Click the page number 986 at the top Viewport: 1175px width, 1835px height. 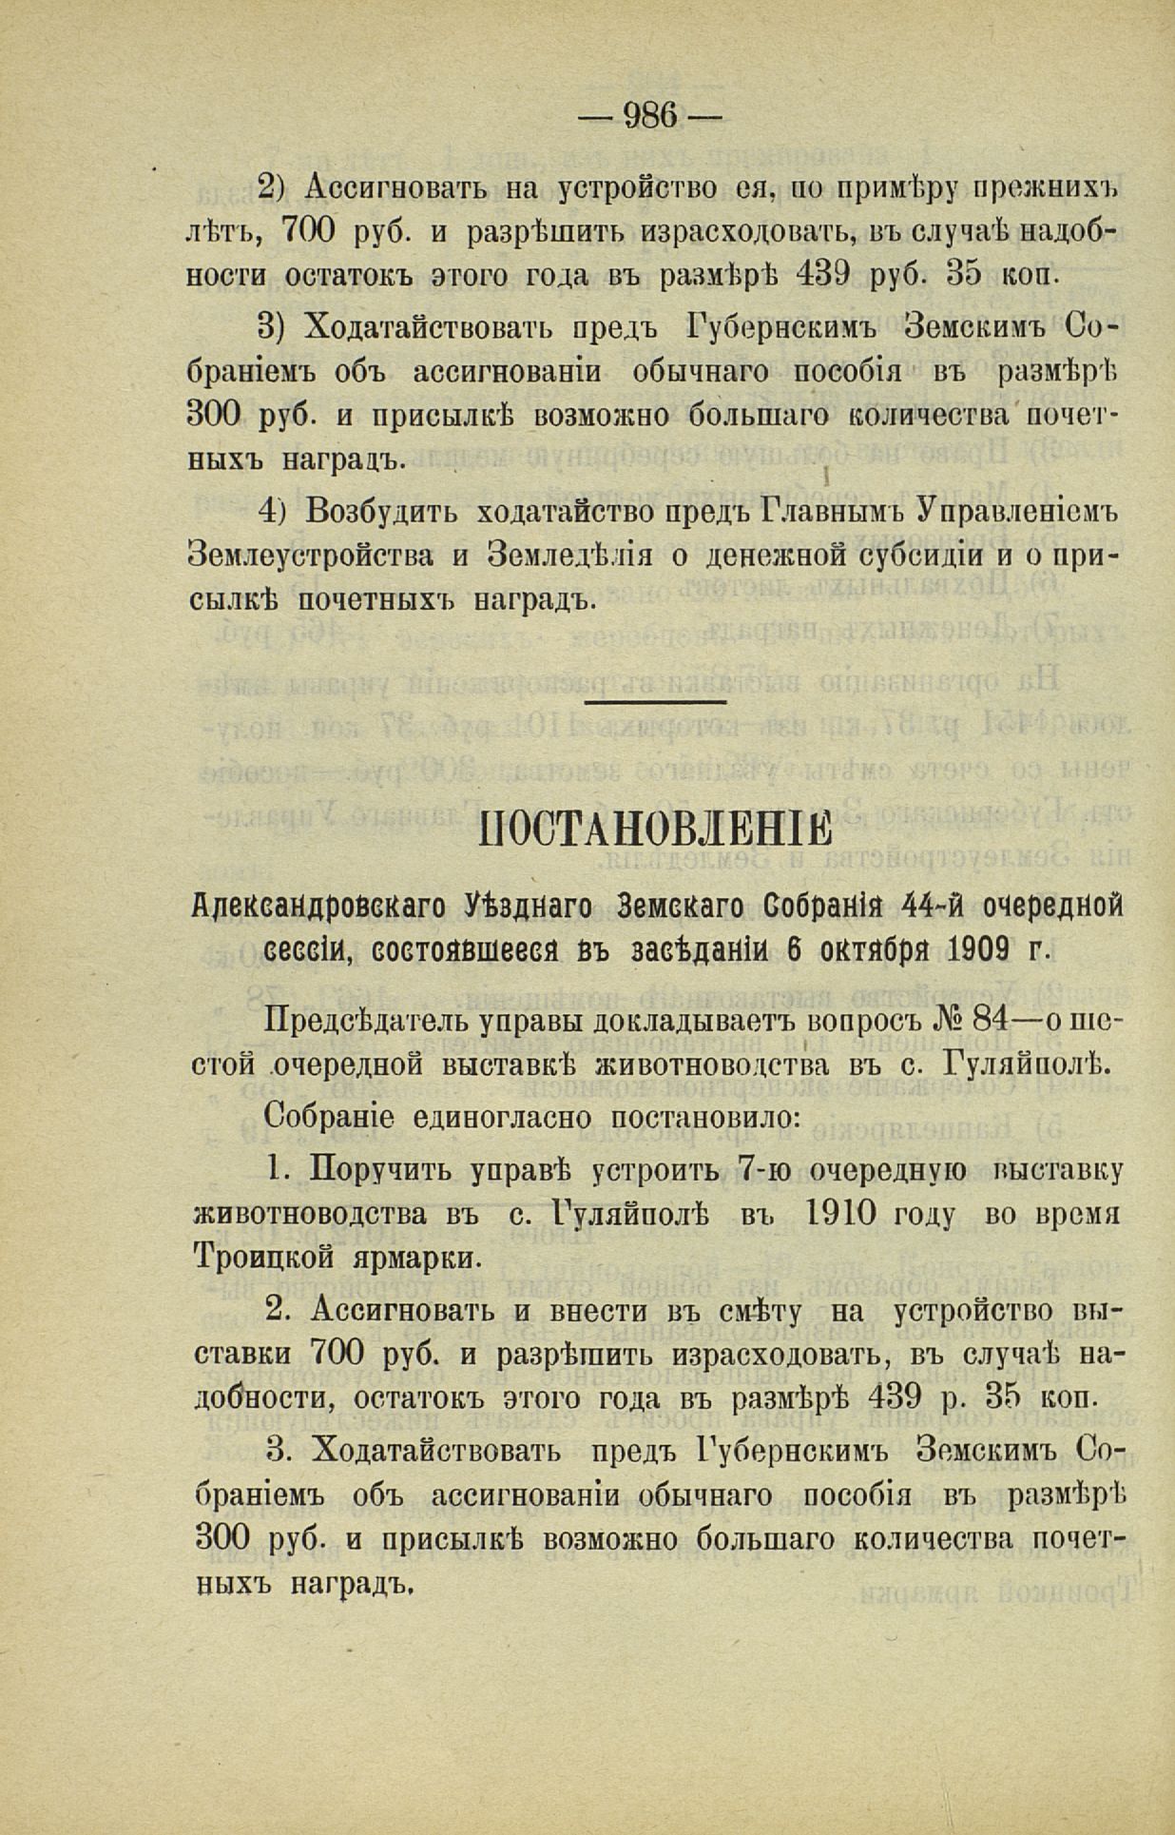(650, 116)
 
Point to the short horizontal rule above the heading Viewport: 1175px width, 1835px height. (655, 702)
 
